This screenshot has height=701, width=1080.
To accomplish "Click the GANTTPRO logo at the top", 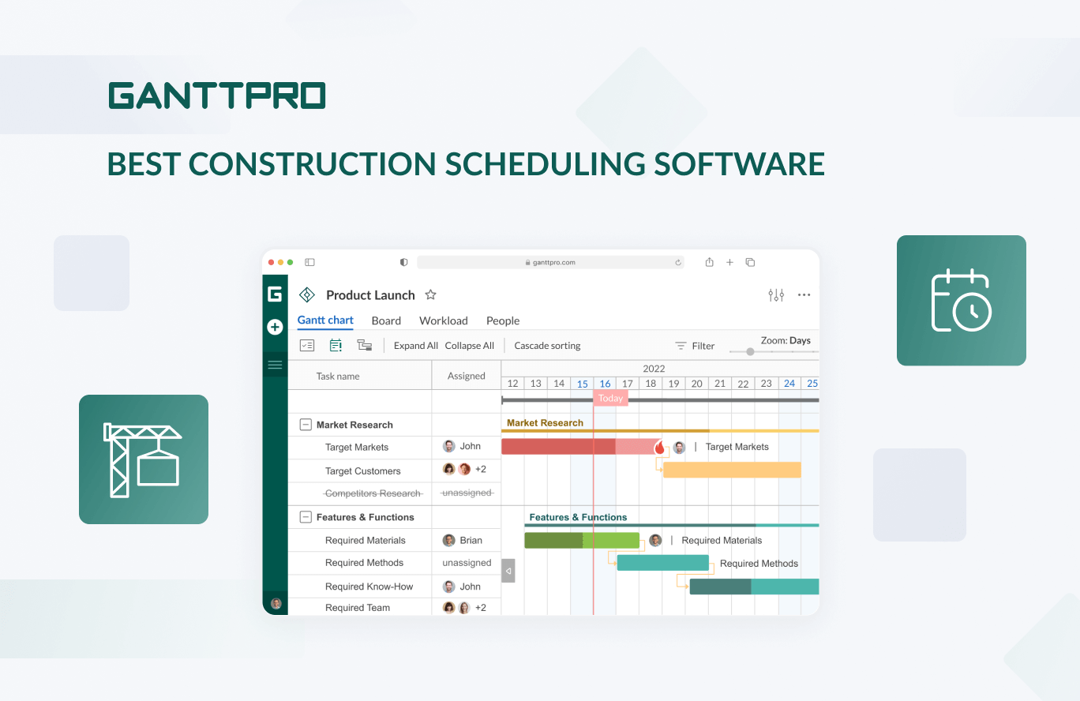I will point(217,96).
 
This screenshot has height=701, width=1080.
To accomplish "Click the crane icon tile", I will point(144,459).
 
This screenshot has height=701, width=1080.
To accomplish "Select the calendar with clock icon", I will point(961,301).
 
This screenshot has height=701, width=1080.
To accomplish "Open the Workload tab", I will point(443,321).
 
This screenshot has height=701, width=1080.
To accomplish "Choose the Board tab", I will point(386,321).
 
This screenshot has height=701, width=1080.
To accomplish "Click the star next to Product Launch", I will point(430,294).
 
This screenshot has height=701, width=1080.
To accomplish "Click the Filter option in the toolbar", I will point(695,346).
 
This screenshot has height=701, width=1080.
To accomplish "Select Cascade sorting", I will point(547,346).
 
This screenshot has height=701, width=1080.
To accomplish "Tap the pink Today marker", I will point(610,399).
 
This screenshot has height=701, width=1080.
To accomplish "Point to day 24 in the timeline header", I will point(789,384).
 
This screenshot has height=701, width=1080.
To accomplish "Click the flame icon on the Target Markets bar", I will point(659,447).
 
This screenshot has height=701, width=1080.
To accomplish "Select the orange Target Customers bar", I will point(731,470).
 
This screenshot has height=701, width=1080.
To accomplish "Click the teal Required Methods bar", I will point(662,563).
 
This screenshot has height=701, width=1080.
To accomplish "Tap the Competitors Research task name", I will point(373,493).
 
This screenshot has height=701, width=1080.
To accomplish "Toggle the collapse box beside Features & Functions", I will point(306,517).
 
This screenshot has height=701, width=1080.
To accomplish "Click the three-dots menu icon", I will point(804,295).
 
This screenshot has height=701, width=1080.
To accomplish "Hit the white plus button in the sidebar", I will point(275,327).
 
